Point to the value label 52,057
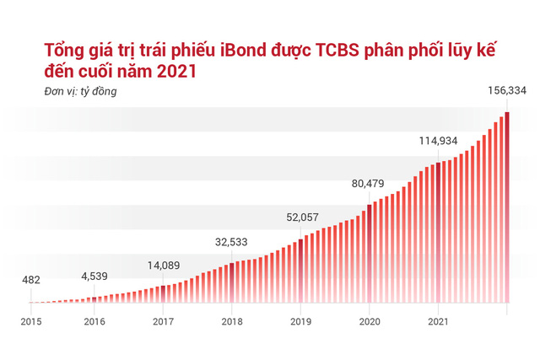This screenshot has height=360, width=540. (301, 217)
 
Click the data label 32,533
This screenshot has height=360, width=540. (232, 241)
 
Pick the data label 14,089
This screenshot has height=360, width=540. (164, 264)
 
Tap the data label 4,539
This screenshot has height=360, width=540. (94, 275)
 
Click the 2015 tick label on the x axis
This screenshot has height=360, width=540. (31, 321)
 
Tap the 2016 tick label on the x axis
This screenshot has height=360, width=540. (94, 321)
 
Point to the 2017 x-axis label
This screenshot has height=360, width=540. (164, 321)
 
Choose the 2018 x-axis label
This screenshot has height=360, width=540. (232, 321)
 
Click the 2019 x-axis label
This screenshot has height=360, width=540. (301, 321)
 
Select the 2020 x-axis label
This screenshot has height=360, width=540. (370, 321)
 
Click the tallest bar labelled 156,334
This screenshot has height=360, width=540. (507, 211)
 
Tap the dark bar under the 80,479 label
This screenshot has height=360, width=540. (370, 253)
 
